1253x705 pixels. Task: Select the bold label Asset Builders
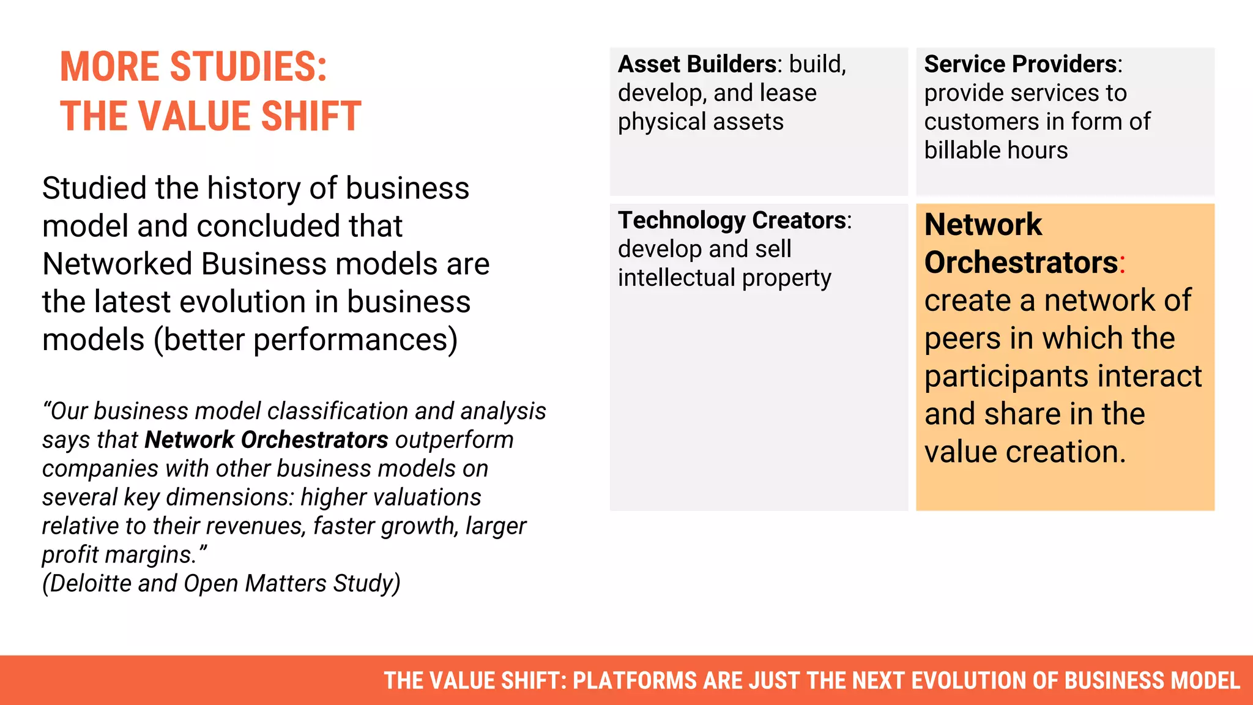point(697,64)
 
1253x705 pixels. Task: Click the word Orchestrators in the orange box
point(1021,263)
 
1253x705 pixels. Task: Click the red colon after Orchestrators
point(1123,264)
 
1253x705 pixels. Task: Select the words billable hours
point(995,151)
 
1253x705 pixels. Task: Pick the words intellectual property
point(724,278)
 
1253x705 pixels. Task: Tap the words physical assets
point(700,122)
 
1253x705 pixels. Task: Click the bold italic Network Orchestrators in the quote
point(266,440)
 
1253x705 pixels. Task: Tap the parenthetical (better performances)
point(305,340)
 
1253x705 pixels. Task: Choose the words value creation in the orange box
point(1024,452)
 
